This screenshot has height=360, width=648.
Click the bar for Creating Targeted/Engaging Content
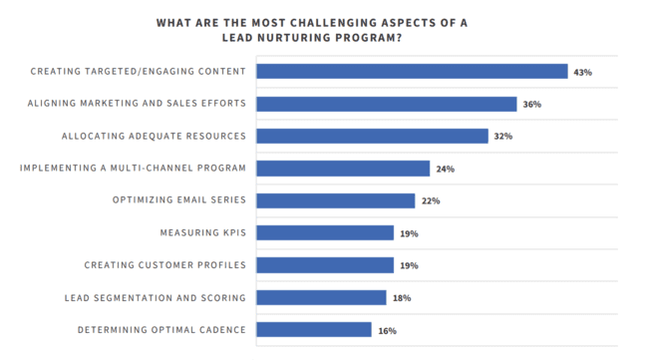[x=412, y=72]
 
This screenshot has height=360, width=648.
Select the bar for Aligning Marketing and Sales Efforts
[x=387, y=104]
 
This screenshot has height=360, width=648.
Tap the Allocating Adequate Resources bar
[x=372, y=136]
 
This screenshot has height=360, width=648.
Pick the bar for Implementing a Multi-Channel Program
[x=343, y=169]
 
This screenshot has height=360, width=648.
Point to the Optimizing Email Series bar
[x=336, y=200]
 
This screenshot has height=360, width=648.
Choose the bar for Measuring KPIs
[x=325, y=232]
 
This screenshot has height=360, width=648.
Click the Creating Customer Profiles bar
[x=325, y=265]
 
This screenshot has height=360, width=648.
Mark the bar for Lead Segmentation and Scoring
[x=321, y=297]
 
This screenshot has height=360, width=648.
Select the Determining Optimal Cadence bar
[x=314, y=329]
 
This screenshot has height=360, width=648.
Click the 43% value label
[x=583, y=73]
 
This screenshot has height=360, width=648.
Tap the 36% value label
[x=532, y=105]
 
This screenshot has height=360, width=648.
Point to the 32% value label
[x=503, y=137]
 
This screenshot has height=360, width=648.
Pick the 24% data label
[x=445, y=170]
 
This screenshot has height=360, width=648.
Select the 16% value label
[x=387, y=330]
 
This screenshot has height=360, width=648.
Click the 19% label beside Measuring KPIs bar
[x=409, y=233]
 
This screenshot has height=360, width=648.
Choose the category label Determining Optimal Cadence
[x=162, y=329]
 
